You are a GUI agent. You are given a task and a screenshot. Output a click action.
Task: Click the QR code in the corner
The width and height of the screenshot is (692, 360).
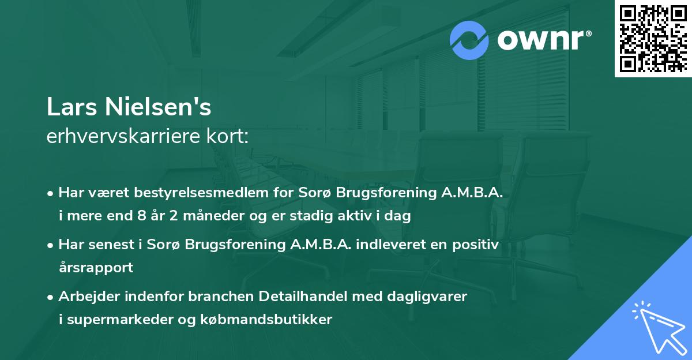tap(653, 39)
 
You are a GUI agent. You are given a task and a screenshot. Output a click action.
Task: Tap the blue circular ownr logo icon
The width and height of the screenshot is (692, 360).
tap(469, 40)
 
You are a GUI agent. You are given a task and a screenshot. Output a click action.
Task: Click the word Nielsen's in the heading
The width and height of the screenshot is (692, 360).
tap(158, 107)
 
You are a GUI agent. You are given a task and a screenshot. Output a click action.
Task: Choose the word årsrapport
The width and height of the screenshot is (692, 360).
tap(96, 267)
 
